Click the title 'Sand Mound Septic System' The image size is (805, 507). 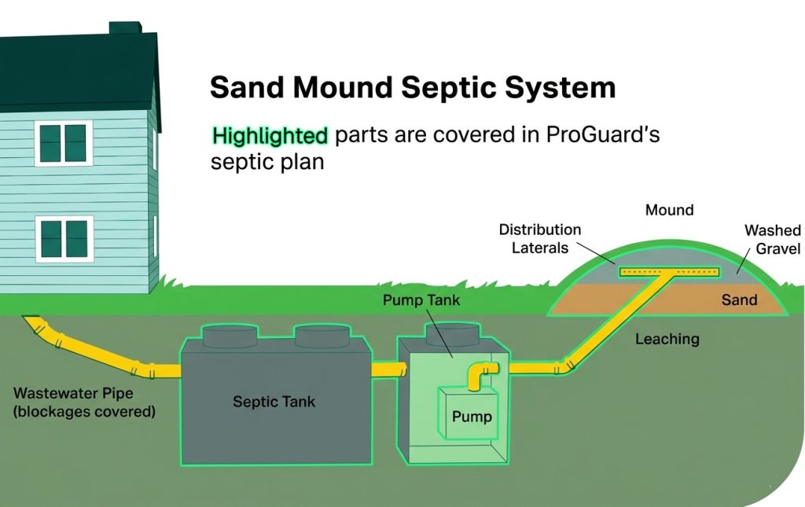[x=412, y=87]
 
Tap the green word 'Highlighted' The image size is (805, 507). [x=270, y=135]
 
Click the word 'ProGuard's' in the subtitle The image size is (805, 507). [x=604, y=134]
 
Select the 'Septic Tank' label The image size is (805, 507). [x=274, y=402]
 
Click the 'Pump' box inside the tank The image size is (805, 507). [x=471, y=416]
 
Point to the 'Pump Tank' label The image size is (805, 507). [x=421, y=300]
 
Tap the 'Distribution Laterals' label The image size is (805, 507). [x=540, y=238]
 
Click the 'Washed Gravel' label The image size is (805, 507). [x=772, y=239]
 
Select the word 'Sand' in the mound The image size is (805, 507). [x=739, y=299]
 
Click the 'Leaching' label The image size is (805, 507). [x=667, y=339]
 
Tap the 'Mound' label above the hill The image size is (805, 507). [x=669, y=210]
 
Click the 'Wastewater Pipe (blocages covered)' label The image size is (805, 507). [x=84, y=401]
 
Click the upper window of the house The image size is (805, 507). [x=64, y=143]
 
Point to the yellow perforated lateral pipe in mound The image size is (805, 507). [x=669, y=272]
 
